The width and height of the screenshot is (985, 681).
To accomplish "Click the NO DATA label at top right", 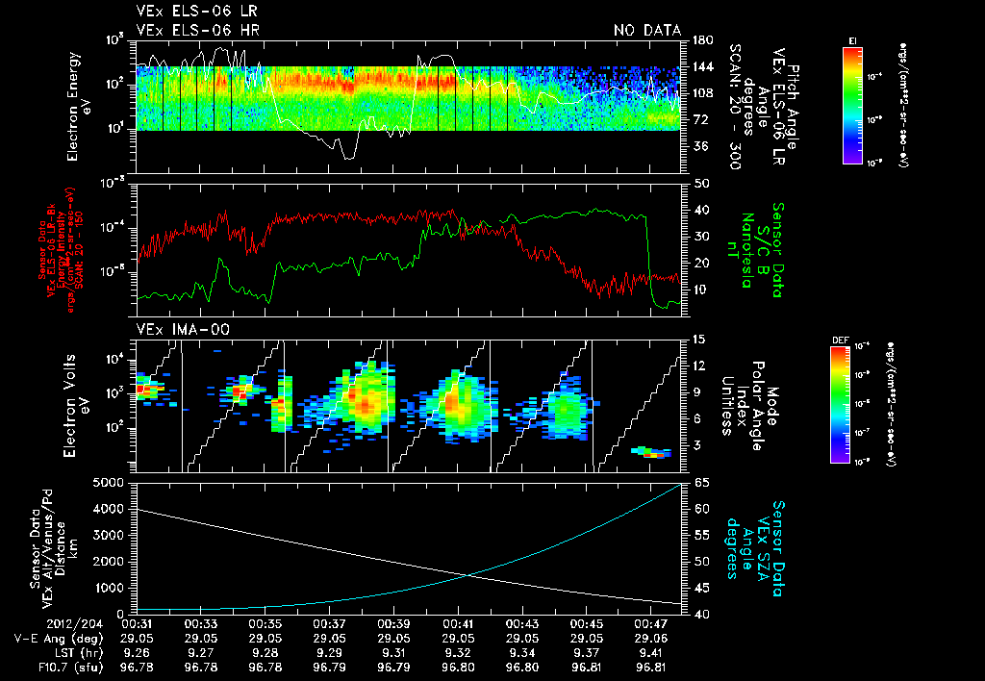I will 646,30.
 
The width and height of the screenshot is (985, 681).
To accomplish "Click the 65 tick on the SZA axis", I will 700,482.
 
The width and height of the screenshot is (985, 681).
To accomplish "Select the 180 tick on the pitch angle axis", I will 702,40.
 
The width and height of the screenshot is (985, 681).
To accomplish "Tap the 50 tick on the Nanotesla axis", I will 700,183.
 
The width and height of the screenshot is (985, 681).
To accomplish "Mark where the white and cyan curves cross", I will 468,575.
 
